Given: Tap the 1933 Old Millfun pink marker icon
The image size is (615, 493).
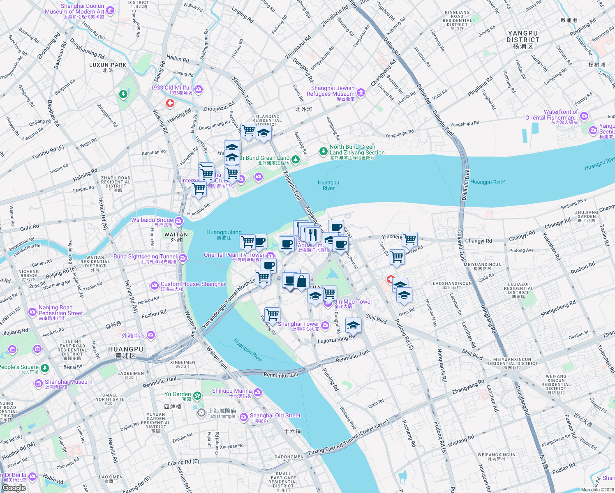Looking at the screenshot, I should coord(199,89).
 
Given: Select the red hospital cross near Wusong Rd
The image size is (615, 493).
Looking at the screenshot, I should coord(170,104).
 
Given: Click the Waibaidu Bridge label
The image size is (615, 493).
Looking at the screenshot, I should coord(152,220).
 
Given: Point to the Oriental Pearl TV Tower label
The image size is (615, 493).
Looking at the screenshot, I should coord(234,255).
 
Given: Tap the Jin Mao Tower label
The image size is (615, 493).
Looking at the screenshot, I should coord(353,302).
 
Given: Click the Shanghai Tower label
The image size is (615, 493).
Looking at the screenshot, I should coord(298,324).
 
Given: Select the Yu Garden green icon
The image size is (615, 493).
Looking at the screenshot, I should coord(198,396).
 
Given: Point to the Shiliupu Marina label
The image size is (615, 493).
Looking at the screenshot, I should coord(232,391).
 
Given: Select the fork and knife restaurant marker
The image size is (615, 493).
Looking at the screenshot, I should coord(313,234).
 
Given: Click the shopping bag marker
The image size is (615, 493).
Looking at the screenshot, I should coord(302,281).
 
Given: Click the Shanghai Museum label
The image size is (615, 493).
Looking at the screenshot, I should coord(68,382).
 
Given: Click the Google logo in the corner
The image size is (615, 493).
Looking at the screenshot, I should coord(14,488).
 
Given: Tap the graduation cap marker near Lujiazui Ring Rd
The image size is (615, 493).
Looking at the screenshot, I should coord(353,326).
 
